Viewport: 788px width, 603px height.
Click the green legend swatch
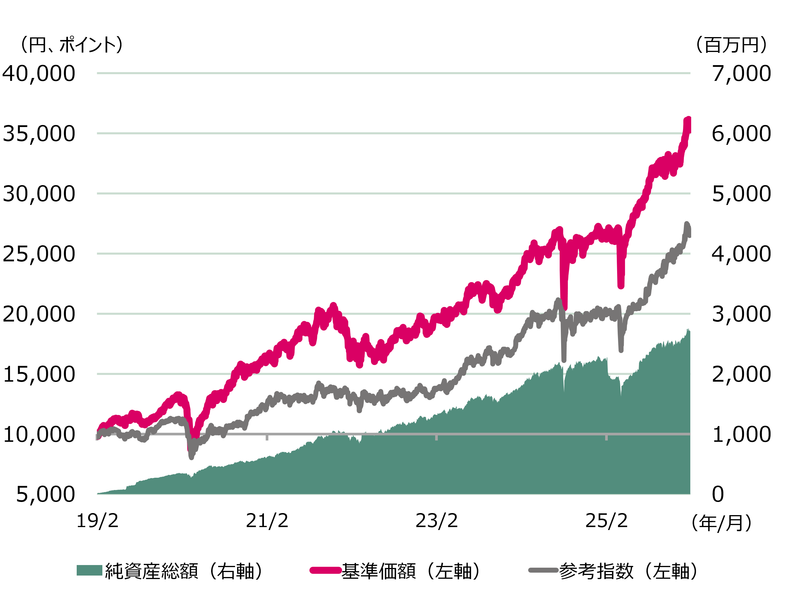click(x=89, y=570)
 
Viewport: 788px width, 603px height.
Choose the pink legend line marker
click(x=325, y=570)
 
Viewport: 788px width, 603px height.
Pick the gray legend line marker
click(x=543, y=570)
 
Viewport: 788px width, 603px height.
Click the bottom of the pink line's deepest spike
click(x=565, y=307)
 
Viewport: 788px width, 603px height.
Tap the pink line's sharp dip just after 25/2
click(x=621, y=286)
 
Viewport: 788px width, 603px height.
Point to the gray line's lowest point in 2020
click(x=191, y=457)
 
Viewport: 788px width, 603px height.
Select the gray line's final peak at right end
click(x=687, y=225)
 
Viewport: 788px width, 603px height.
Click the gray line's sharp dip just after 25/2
click(x=621, y=350)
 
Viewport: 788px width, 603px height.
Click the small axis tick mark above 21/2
click(x=267, y=437)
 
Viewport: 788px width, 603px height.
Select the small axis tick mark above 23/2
click(x=436, y=437)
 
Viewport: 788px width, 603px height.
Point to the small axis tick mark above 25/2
click(x=606, y=437)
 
